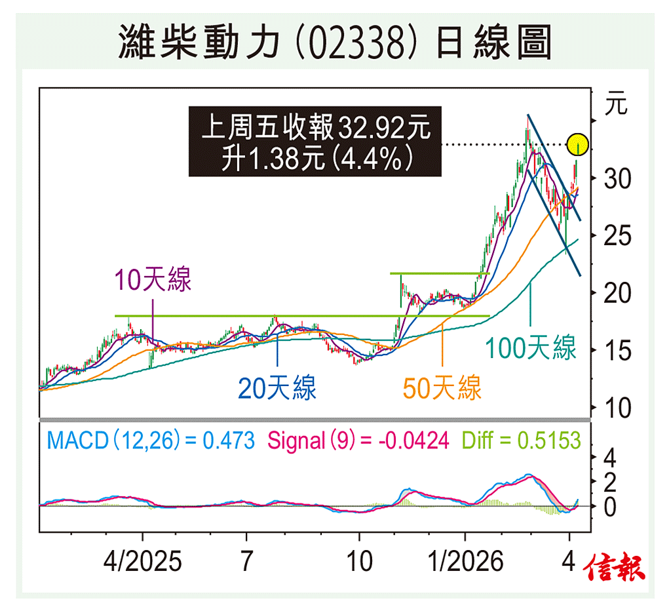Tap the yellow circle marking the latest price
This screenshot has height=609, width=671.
coord(578,144)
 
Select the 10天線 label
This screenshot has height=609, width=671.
coord(153,280)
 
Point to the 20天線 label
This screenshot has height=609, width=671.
coord(277,388)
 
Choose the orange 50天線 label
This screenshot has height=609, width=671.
coord(442,388)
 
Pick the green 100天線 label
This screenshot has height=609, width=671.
coord(531,347)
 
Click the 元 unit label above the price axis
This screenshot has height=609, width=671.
coord(617,105)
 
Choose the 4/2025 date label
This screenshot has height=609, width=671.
coord(142,562)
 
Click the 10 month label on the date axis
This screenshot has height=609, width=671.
coord(358,562)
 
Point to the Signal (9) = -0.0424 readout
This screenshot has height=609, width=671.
coord(358,441)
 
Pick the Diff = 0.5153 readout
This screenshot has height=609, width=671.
coord(522,441)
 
